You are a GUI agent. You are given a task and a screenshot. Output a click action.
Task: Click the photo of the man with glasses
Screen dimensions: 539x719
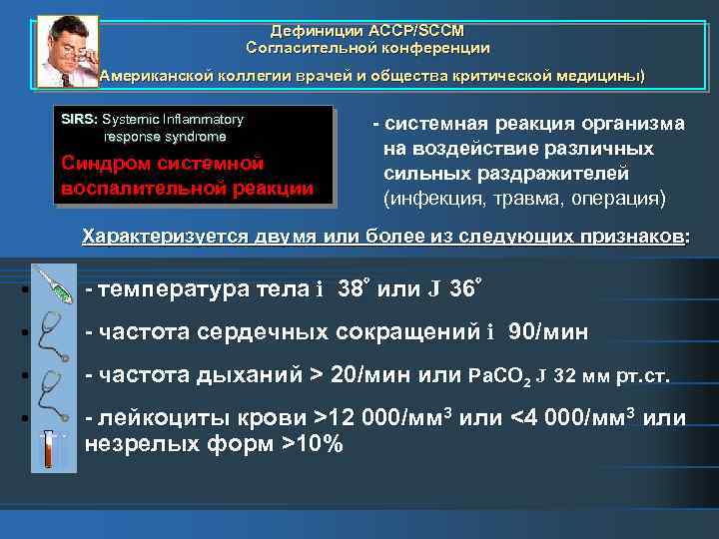tap(66, 51)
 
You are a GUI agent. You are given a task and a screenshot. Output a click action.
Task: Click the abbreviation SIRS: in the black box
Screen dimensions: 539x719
tap(80, 119)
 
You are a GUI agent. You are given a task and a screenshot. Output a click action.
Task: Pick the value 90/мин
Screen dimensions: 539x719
tap(548, 331)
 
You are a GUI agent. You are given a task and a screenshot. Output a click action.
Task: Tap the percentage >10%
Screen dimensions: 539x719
tap(315, 442)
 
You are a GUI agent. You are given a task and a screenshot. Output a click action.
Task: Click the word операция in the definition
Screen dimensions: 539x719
tap(612, 198)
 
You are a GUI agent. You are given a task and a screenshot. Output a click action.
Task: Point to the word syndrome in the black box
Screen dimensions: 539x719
tap(195, 136)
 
